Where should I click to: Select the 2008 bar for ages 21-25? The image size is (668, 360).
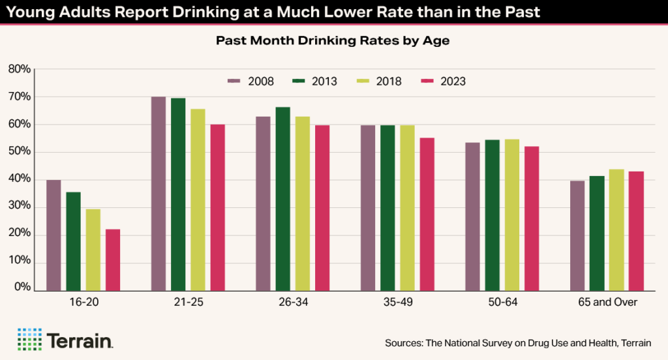tap(159, 193)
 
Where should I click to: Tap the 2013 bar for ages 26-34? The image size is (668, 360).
tap(282, 198)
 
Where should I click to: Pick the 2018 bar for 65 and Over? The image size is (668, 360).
tap(616, 230)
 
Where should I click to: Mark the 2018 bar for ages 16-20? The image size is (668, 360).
tap(93, 249)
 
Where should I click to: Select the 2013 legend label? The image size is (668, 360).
tap(324, 82)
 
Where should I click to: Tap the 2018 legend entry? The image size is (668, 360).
tap(381, 82)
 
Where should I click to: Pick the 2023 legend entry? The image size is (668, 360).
tap(445, 82)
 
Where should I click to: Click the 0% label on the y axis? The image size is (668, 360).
tap(22, 288)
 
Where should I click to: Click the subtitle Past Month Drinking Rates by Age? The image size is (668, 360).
tap(333, 40)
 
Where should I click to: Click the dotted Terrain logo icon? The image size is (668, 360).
tap(29, 340)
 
